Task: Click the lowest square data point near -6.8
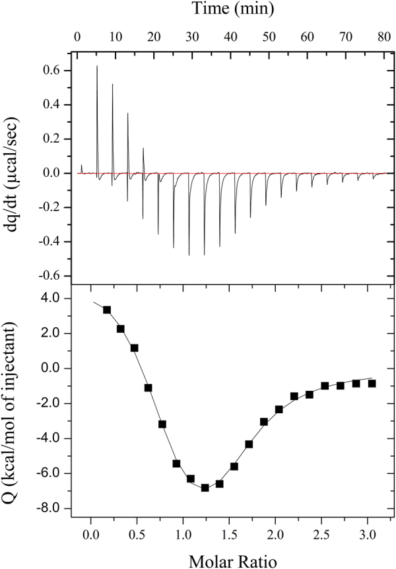point(205,488)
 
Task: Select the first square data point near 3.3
point(107,310)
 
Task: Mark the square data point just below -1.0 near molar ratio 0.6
point(148,387)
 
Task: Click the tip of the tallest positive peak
point(97,66)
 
